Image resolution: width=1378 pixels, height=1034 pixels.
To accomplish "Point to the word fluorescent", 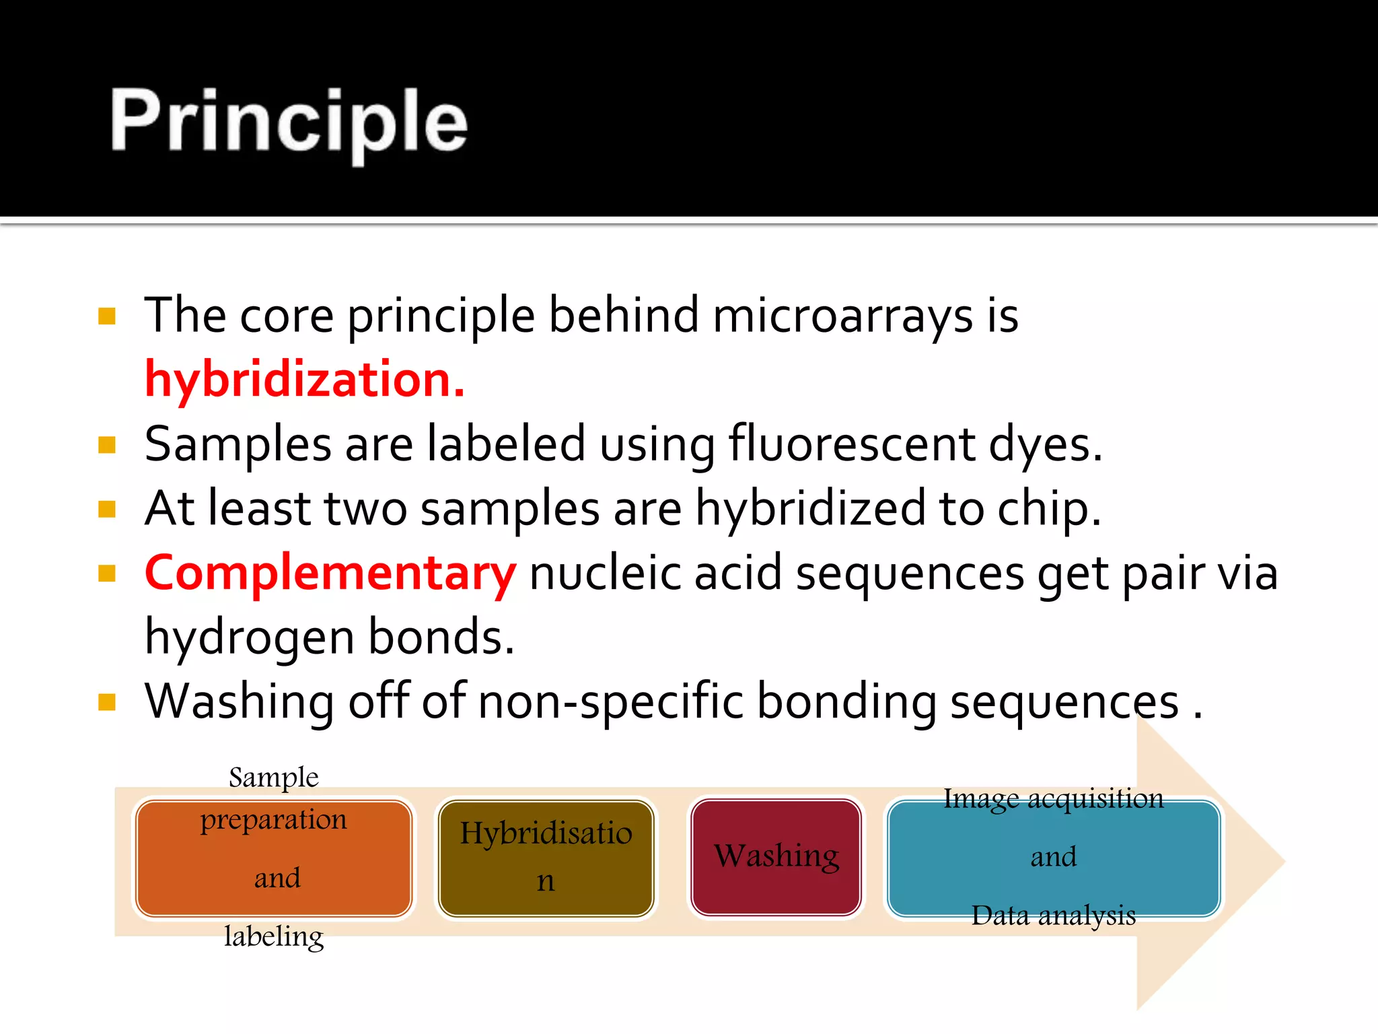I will click(852, 445).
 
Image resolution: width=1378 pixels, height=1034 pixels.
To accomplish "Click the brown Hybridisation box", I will click(546, 858).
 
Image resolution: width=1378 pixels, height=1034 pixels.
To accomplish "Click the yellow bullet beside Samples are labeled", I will click(107, 445).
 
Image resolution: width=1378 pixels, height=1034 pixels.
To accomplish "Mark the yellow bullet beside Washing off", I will click(107, 702).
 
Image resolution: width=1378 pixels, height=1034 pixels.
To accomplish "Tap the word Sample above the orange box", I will click(273, 778).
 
